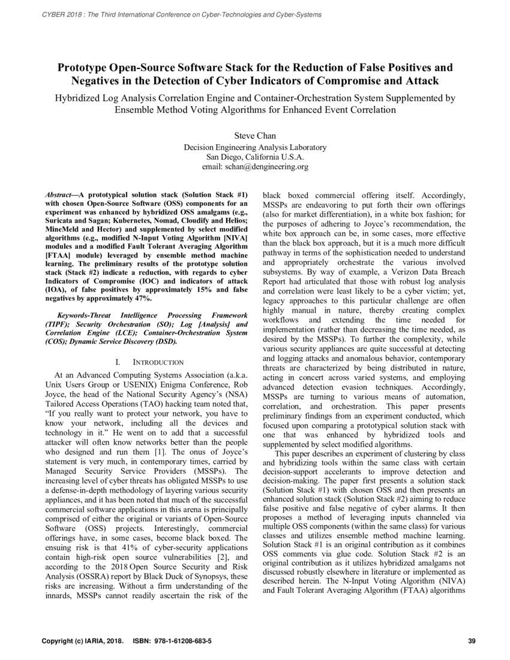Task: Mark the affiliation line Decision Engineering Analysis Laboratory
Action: click(x=255, y=147)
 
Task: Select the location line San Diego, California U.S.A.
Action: click(x=255, y=157)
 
